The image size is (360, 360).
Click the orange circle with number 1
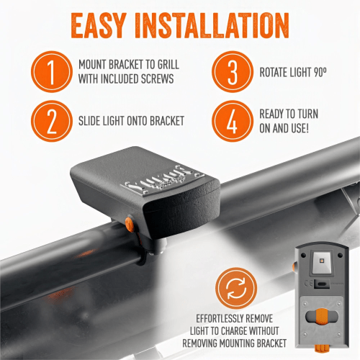pyautogui.click(x=52, y=72)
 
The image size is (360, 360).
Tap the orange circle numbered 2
pyautogui.click(x=52, y=121)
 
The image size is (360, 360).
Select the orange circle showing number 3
pyautogui.click(x=233, y=72)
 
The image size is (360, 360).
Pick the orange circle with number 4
pyautogui.click(x=233, y=121)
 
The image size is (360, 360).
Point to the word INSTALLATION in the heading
pyautogui.click(x=212, y=26)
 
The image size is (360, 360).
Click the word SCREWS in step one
pyautogui.click(x=157, y=79)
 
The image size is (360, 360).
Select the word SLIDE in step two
pyautogui.click(x=89, y=121)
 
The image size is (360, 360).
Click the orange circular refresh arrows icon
pyautogui.click(x=236, y=288)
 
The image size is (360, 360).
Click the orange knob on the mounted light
pyautogui.click(x=130, y=224)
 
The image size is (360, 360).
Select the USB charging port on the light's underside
pyautogui.click(x=322, y=284)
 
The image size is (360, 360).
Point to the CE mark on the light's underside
pyautogui.click(x=309, y=284)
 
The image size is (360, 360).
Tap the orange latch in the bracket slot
pyautogui.click(x=322, y=317)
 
